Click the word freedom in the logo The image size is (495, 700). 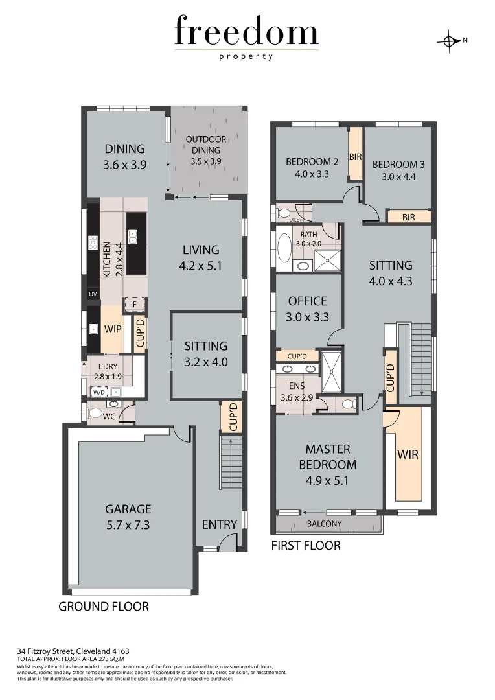tap(246, 32)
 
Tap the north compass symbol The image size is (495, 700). tap(449, 41)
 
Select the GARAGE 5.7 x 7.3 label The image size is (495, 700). tap(128, 517)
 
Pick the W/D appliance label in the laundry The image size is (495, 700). tap(99, 392)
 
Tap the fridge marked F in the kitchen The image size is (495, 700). tap(135, 304)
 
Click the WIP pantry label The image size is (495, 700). tap(113, 329)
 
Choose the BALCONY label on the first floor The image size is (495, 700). tap(325, 524)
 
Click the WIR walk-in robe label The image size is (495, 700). tap(408, 454)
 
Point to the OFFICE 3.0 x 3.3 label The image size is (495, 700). tap(308, 309)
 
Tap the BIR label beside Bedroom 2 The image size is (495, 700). tap(355, 157)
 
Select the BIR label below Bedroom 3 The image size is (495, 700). tap(408, 217)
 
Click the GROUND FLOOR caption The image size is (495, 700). tap(104, 607)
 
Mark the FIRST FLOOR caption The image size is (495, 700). tap(305, 546)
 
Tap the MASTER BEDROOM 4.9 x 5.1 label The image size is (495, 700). tap(327, 464)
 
